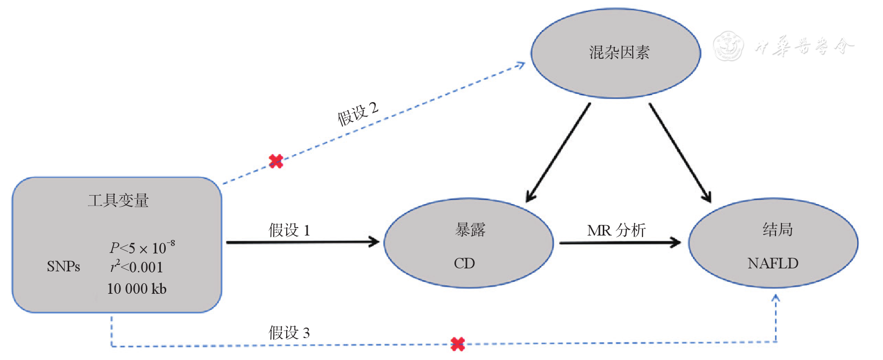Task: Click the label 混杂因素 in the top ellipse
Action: (619, 52)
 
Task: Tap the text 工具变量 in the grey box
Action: (118, 200)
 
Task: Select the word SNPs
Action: (63, 266)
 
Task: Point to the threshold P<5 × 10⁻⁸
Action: (142, 247)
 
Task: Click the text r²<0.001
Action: (136, 267)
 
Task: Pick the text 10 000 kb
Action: (136, 289)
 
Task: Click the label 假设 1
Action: (289, 230)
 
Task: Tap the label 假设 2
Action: (358, 114)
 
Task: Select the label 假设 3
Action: (289, 332)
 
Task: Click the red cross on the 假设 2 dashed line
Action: (276, 161)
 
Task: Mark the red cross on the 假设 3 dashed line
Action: (457, 344)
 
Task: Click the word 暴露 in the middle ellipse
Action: (470, 230)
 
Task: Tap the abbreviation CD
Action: (464, 263)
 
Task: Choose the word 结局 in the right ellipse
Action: (777, 230)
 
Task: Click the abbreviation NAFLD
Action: (773, 263)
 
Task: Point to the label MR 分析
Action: (616, 230)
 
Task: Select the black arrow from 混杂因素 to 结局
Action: (679, 152)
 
